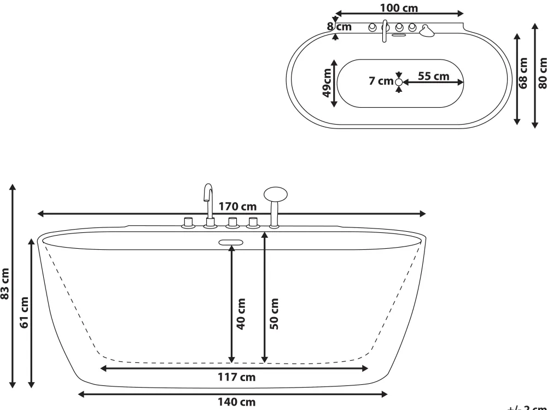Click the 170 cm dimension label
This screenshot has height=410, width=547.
click(x=237, y=207)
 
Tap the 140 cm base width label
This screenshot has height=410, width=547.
click(x=236, y=403)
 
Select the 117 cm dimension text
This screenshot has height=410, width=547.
click(x=237, y=377)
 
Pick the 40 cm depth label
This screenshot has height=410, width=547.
click(x=241, y=313)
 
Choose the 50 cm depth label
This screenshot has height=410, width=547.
click(x=274, y=313)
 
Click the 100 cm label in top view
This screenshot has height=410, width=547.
click(x=399, y=8)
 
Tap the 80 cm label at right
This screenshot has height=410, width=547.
click(x=542, y=73)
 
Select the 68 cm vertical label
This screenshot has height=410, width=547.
click(x=524, y=73)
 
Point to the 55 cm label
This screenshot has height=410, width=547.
click(x=434, y=76)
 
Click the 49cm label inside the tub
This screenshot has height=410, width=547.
click(x=327, y=82)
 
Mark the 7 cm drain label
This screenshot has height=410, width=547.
click(x=381, y=81)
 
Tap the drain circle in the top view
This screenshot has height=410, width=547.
click(x=399, y=82)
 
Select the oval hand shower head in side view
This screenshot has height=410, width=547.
click(x=275, y=194)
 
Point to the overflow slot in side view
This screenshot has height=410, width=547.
click(x=231, y=243)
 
